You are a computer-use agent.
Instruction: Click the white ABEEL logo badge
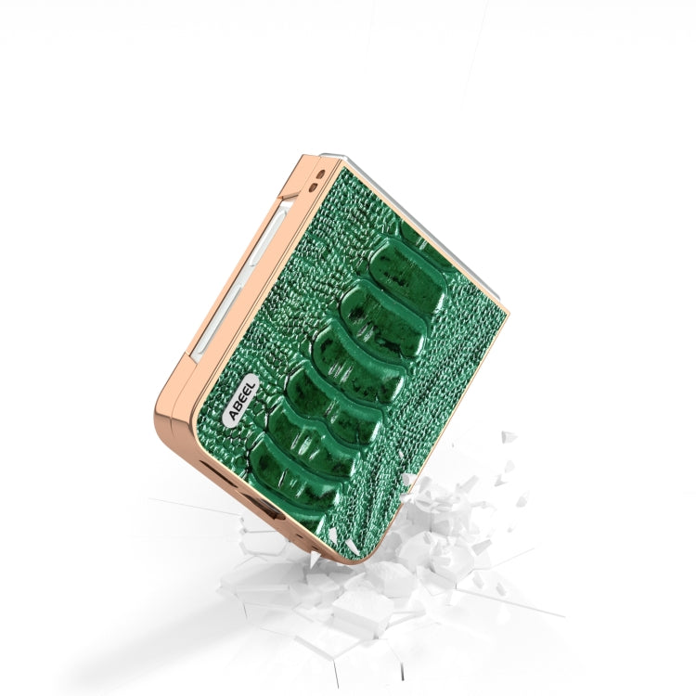(240, 401)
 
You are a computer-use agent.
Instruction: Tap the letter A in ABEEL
(232, 415)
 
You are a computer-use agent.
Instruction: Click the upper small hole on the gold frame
(321, 174)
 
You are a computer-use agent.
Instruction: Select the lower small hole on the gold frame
(314, 187)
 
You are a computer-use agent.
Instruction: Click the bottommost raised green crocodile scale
(294, 471)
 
